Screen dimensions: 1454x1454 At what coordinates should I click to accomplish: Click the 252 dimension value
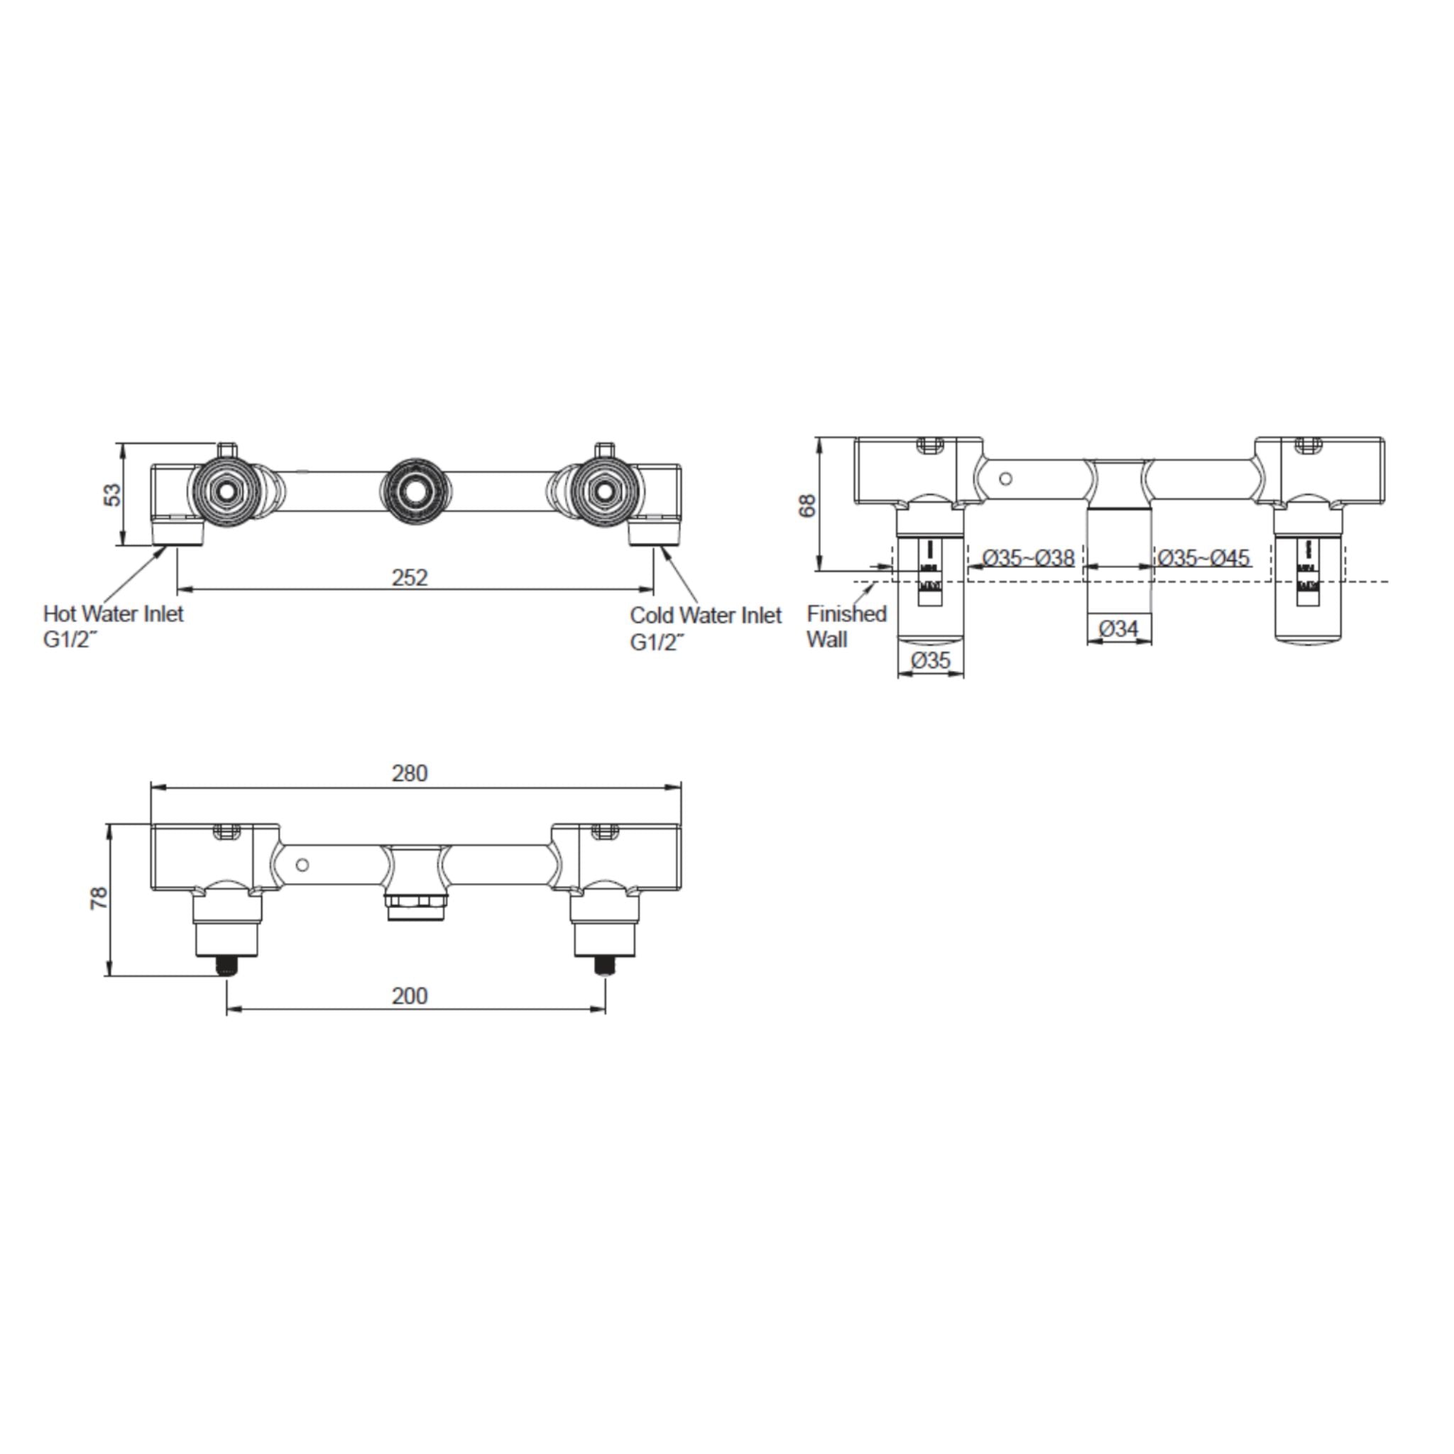pos(410,577)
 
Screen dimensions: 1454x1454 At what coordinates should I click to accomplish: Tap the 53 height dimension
pos(111,494)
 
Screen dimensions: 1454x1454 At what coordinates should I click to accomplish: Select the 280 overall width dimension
pos(410,773)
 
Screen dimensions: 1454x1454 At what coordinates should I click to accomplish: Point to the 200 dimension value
pos(410,995)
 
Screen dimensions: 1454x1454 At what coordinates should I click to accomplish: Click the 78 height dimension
pos(99,899)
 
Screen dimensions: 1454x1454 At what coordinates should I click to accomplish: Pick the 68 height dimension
pos(806,505)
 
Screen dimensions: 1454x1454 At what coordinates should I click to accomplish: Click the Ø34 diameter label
pos(1118,628)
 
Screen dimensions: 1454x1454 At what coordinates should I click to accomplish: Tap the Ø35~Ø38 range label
pos(1028,557)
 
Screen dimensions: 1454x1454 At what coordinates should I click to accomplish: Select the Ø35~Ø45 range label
pos(1203,557)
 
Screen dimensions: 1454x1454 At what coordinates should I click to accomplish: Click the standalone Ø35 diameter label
pos(930,660)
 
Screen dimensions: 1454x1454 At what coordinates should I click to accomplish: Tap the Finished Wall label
pos(846,626)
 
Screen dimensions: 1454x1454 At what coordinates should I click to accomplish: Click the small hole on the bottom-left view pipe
pos(302,865)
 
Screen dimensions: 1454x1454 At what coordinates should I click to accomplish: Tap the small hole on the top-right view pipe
pos(1005,479)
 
